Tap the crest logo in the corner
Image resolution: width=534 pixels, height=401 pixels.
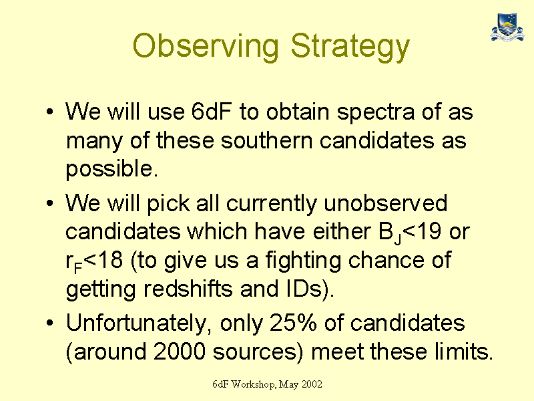[x=507, y=27]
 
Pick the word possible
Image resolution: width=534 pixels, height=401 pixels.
[x=111, y=170]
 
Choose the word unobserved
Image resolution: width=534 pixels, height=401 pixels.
[x=385, y=203]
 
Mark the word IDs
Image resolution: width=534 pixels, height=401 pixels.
[x=303, y=289]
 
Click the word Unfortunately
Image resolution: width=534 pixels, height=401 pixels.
[x=137, y=323]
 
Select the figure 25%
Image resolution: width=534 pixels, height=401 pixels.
[x=293, y=322]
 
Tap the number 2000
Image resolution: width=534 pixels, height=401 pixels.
[x=180, y=352]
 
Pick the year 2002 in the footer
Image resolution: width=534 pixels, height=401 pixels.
[x=312, y=384]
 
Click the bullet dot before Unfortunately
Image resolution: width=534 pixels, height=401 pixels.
[x=49, y=322]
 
